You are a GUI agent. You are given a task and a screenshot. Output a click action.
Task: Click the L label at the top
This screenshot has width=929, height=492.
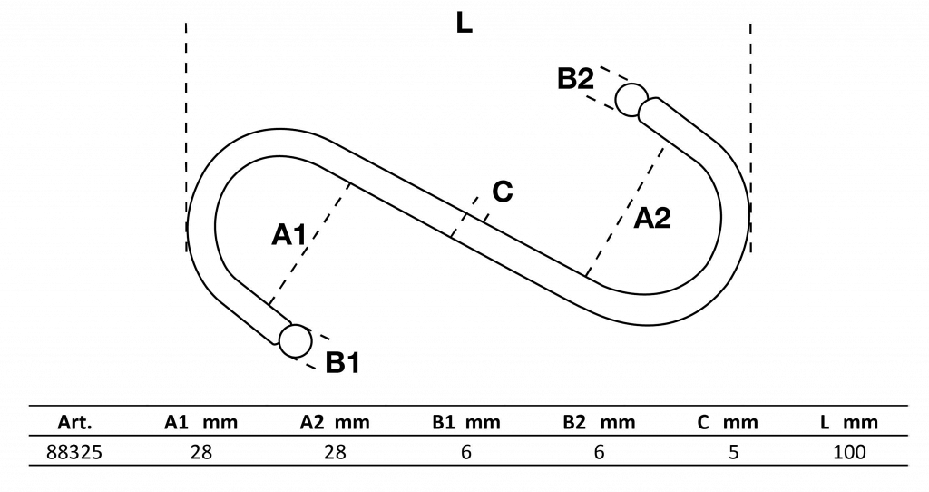(464, 25)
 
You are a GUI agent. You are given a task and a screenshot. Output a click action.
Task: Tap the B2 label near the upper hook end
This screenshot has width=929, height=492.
(575, 80)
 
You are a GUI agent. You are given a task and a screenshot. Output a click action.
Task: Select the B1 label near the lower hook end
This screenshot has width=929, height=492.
(343, 364)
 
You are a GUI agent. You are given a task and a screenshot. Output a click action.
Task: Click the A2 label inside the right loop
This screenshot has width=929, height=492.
(652, 218)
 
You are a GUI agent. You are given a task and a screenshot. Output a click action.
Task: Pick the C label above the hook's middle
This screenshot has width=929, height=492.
(502, 192)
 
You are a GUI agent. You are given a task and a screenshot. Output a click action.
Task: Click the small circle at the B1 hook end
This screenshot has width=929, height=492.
(295, 340)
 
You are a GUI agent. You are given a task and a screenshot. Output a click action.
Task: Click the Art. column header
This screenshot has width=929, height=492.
(74, 423)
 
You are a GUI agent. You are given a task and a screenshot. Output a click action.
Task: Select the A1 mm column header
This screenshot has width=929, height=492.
(200, 423)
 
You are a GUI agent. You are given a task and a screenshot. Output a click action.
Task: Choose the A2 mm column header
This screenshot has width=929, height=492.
(335, 423)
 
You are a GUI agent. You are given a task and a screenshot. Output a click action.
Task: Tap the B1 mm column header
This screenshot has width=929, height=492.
(465, 423)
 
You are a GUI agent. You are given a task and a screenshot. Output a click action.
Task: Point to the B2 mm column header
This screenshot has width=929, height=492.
(599, 423)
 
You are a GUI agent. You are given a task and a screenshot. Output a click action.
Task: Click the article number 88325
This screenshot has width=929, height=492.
(74, 451)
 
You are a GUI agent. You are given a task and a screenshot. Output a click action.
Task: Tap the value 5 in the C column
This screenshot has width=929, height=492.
(733, 451)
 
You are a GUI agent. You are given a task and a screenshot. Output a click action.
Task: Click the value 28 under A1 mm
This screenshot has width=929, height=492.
(200, 451)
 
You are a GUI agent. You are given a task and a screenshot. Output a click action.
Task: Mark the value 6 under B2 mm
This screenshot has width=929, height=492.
(599, 451)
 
